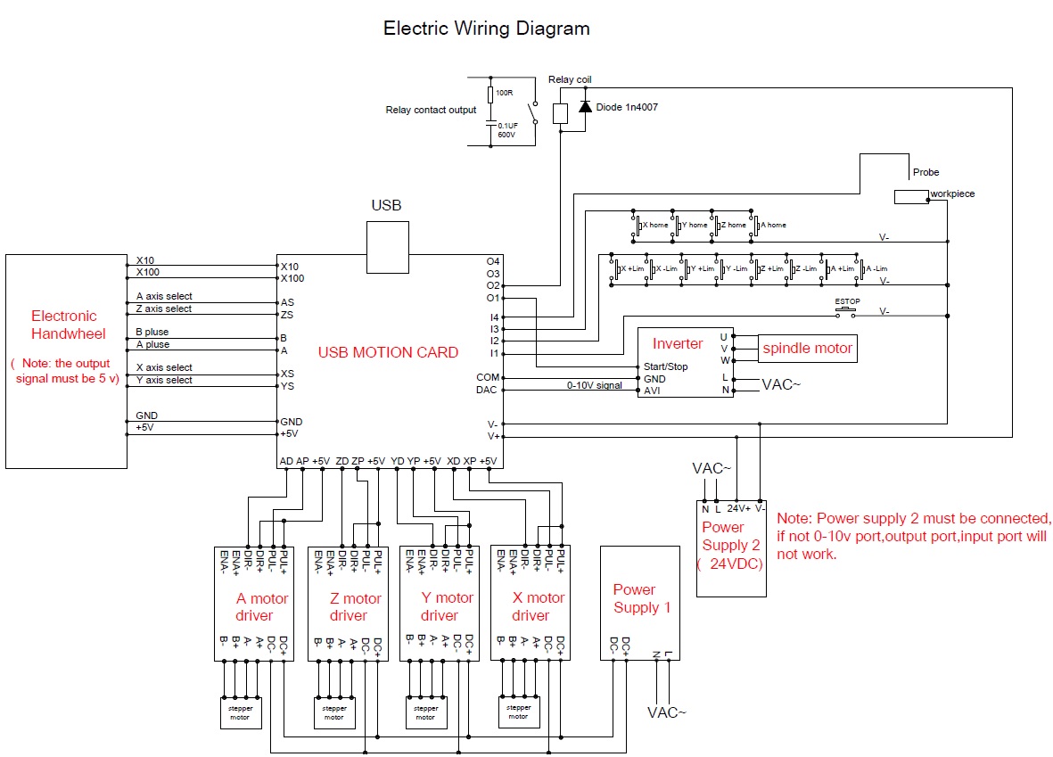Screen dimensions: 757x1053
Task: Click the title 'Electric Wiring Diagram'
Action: click(x=486, y=29)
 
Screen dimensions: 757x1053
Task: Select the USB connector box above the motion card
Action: click(x=388, y=247)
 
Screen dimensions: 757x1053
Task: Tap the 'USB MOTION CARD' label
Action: click(x=388, y=352)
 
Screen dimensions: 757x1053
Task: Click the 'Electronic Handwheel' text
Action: click(x=64, y=325)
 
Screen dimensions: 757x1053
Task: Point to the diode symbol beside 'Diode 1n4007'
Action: click(x=585, y=107)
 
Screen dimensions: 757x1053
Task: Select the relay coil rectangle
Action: click(x=560, y=113)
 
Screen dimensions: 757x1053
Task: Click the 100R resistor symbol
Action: click(x=489, y=94)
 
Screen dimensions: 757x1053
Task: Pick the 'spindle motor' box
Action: click(x=807, y=349)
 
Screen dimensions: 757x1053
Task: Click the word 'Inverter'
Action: click(x=678, y=343)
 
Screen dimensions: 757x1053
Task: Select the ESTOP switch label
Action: click(x=847, y=302)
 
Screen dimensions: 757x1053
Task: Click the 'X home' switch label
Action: click(x=655, y=225)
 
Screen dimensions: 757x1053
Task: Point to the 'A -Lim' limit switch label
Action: click(x=876, y=268)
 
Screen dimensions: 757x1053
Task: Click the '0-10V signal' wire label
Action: click(x=595, y=385)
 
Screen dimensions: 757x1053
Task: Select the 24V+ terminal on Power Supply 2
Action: click(x=739, y=508)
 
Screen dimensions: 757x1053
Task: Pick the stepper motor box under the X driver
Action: click(x=518, y=711)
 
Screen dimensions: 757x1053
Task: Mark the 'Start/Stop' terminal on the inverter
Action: click(x=666, y=366)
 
